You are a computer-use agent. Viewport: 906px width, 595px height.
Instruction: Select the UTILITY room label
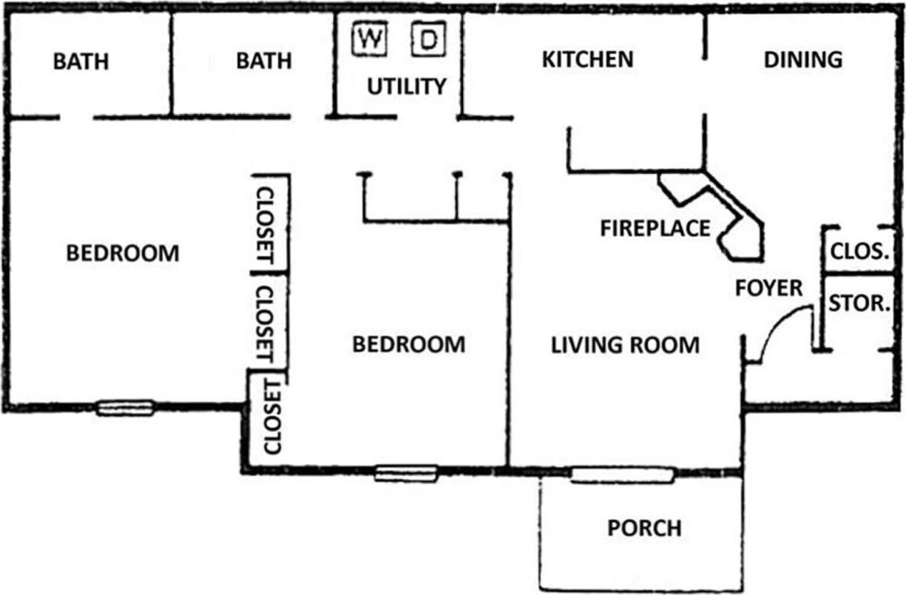pos(407,87)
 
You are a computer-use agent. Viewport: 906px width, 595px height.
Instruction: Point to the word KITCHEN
pos(587,60)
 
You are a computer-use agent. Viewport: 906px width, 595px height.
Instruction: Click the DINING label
pos(802,60)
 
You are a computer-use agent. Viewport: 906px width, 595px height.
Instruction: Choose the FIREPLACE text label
pos(655,229)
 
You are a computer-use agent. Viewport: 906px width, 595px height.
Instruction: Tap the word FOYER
pos(768,288)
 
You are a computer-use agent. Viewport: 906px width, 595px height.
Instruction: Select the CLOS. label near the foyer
pos(859,251)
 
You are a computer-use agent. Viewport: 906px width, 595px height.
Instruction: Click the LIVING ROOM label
pos(625,345)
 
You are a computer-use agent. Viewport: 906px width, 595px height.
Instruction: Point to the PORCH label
pos(644,528)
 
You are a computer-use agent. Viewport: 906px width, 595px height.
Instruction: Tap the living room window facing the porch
pos(623,475)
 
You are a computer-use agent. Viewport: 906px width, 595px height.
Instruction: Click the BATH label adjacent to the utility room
pos(263,61)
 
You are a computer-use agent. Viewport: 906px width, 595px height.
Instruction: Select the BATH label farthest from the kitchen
pos(81,61)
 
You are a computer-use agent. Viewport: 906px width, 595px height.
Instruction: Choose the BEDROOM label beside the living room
pos(408,345)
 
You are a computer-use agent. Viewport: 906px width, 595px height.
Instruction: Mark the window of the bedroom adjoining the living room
pos(405,473)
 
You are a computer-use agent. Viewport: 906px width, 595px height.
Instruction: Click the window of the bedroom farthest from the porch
pos(125,407)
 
